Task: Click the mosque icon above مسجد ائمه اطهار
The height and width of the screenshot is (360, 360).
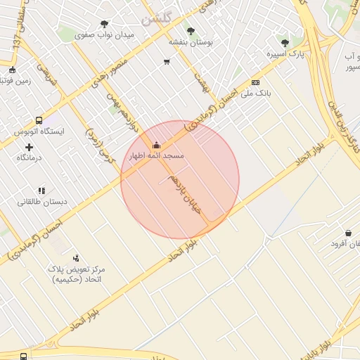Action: (x=156, y=146)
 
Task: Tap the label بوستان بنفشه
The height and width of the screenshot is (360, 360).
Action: (x=190, y=41)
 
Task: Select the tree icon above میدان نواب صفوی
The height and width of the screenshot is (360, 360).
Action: (x=105, y=24)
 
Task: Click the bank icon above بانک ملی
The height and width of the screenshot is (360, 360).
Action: (x=255, y=82)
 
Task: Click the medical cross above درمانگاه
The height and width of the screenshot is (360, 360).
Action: (x=29, y=147)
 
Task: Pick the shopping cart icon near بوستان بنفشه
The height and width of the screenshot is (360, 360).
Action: (x=167, y=62)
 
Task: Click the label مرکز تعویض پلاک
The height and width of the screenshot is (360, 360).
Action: (x=77, y=269)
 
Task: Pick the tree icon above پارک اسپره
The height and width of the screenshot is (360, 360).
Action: (x=285, y=43)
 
